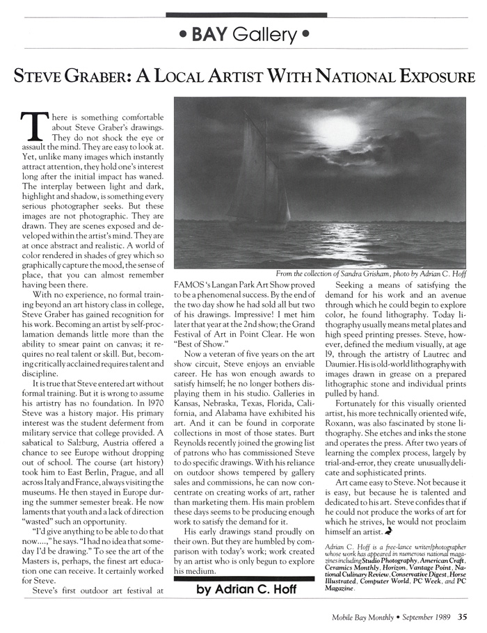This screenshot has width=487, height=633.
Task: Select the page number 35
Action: (463, 614)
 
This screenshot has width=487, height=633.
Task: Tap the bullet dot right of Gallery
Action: (306, 33)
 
